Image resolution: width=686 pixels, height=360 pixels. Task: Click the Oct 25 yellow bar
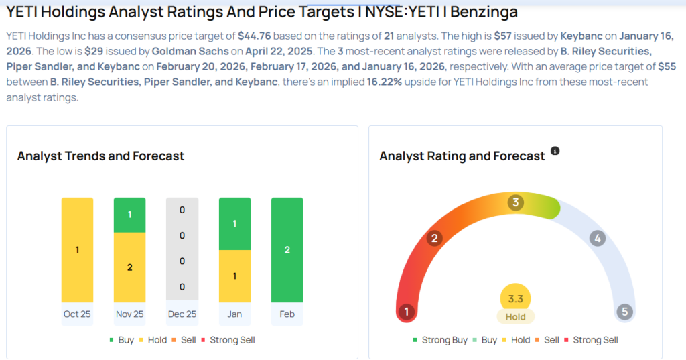77,249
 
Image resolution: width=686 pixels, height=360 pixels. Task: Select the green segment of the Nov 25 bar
130,215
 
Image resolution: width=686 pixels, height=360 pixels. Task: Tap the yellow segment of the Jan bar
234,276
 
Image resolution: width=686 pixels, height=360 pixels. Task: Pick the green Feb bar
287,249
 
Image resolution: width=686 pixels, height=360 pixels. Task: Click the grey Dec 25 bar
182,249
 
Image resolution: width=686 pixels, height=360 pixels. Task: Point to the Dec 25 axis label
182,314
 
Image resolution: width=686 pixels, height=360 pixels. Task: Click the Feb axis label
287,314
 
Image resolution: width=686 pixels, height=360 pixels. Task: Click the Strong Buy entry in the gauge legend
439,340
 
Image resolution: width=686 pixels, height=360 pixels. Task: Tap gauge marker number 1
405,311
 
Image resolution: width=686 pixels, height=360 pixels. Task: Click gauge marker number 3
515,202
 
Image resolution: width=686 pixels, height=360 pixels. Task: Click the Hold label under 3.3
515,316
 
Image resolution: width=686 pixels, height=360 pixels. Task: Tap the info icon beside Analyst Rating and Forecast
555,152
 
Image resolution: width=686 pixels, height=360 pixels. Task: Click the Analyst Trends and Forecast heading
100,156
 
